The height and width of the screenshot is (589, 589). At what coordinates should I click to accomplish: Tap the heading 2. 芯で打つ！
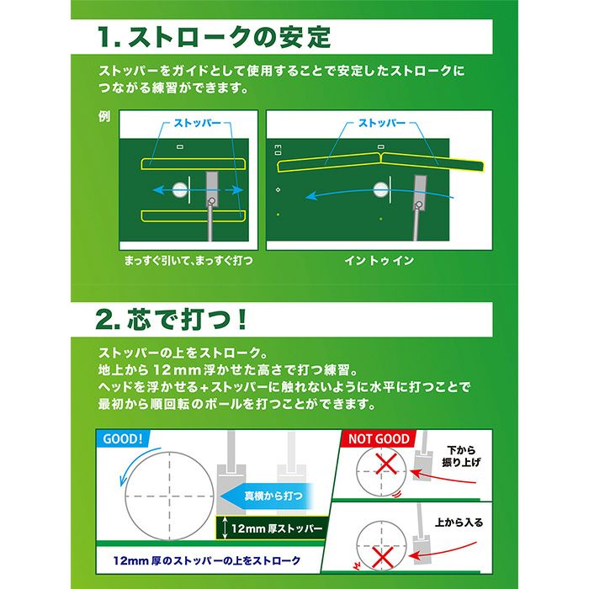(x=172, y=319)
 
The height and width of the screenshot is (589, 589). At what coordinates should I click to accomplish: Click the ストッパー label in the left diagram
(x=198, y=123)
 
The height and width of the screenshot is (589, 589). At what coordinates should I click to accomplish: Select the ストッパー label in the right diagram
(x=382, y=123)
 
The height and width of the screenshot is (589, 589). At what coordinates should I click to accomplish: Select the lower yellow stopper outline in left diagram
(x=191, y=216)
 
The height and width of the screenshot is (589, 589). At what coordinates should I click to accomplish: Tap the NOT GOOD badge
(x=379, y=438)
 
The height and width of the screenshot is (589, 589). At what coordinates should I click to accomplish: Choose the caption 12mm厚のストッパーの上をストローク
(x=207, y=559)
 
